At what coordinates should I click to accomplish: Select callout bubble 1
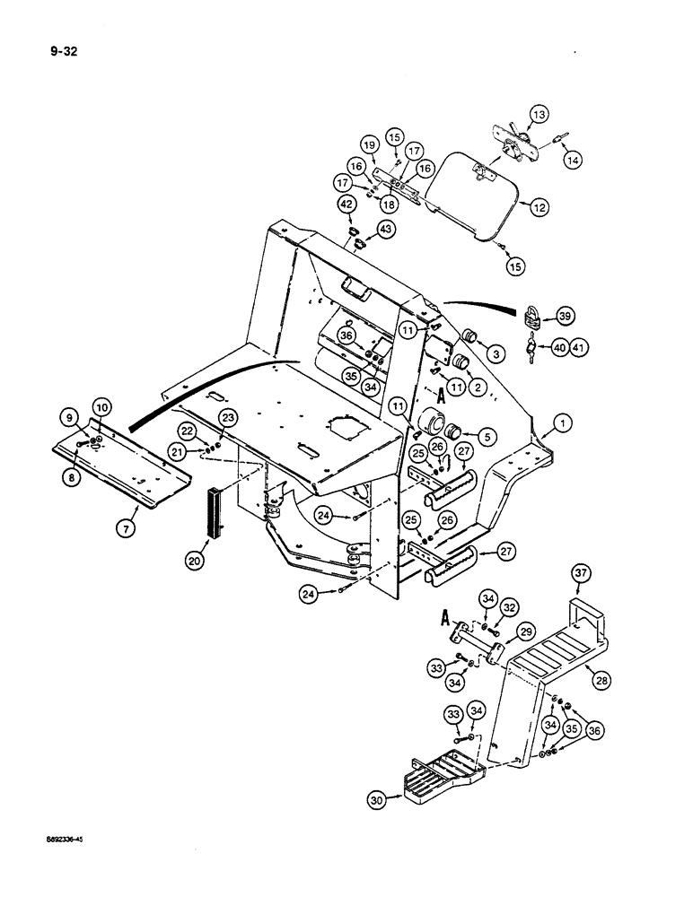tap(563, 421)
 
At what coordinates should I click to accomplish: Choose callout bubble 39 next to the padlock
tap(566, 317)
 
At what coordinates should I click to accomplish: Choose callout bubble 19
tap(368, 145)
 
